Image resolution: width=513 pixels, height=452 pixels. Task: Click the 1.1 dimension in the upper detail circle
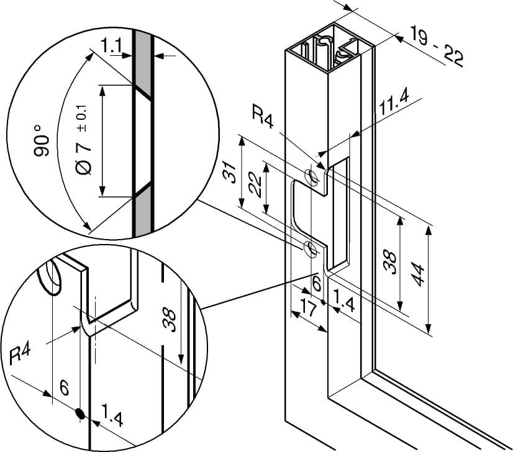point(111,45)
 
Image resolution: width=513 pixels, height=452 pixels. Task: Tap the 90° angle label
point(42,141)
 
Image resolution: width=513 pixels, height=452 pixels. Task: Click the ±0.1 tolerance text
point(82,119)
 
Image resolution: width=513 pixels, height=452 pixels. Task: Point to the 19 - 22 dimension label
point(437,47)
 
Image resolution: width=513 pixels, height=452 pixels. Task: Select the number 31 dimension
point(229,172)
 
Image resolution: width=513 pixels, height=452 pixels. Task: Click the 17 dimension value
point(308,309)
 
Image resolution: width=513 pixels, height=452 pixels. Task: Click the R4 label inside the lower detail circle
point(20,355)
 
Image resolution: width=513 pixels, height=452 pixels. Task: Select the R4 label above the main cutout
point(262,116)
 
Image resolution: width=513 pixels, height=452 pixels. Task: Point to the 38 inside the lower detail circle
point(169,321)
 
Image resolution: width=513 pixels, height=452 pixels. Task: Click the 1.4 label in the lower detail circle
point(112,415)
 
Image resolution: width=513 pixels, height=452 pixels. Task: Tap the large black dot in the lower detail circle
point(80,414)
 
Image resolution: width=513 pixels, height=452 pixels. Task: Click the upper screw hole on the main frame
point(311,177)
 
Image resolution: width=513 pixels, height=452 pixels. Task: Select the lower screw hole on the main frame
point(311,248)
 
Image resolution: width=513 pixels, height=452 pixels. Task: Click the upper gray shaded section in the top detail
point(142,62)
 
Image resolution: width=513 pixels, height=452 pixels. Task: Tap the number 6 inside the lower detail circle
point(65,388)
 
